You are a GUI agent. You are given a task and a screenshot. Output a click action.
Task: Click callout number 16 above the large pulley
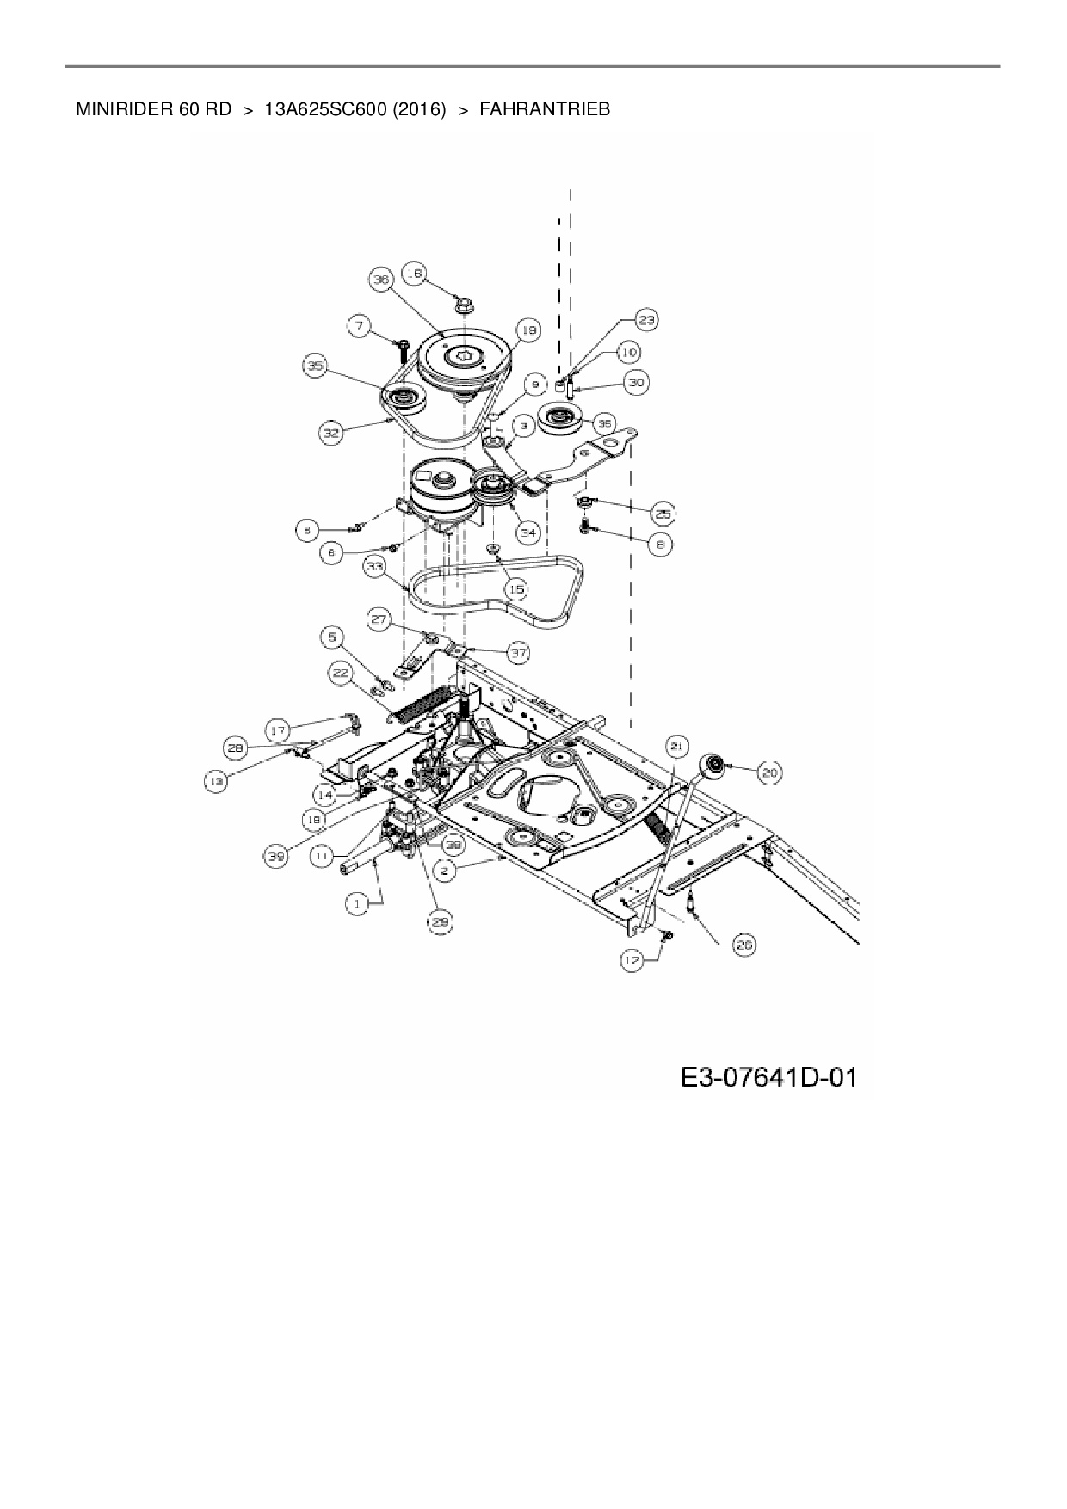(x=414, y=274)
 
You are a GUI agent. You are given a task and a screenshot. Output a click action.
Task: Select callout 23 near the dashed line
(x=646, y=320)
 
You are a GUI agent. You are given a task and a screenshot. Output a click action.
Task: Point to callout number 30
(x=636, y=383)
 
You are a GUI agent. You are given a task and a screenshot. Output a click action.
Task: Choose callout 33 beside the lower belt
(x=373, y=567)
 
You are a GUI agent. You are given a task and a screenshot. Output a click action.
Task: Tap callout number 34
(x=527, y=533)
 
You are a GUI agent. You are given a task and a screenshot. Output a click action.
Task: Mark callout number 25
(x=662, y=514)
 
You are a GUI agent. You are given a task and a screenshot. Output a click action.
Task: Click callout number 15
(x=515, y=589)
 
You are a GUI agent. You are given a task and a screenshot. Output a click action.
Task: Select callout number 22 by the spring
(x=342, y=673)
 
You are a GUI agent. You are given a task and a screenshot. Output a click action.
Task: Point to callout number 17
(x=278, y=731)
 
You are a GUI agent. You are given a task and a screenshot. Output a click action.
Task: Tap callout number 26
(x=743, y=945)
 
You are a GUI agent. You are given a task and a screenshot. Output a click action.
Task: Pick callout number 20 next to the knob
(x=769, y=773)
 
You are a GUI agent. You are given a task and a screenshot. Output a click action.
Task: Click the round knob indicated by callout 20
(x=713, y=765)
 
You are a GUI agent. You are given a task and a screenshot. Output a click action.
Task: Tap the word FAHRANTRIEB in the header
(x=545, y=109)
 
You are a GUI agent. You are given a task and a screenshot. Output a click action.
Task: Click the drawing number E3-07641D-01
(x=769, y=1076)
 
